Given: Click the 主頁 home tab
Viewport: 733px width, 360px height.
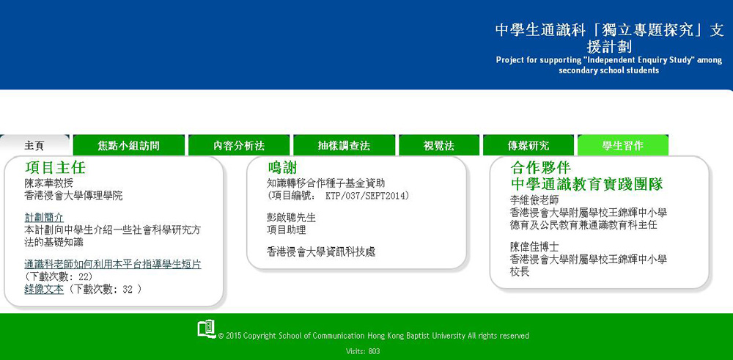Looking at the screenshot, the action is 34,145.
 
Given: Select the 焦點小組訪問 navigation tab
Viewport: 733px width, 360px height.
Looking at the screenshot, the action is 128,145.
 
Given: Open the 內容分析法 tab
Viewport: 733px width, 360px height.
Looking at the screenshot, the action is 239,145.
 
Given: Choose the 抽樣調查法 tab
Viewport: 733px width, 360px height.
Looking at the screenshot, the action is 344,145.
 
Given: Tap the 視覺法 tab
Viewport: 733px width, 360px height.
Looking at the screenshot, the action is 439,145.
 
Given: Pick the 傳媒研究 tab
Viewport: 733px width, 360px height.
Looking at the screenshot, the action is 528,145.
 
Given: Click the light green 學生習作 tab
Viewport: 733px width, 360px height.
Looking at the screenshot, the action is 622,145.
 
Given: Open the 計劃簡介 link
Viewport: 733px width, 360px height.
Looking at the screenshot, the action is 44,218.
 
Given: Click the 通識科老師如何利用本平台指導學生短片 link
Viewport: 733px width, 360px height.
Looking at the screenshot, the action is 113,264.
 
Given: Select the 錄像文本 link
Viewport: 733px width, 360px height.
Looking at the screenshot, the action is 44,290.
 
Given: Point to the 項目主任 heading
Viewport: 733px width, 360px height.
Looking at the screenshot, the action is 55,167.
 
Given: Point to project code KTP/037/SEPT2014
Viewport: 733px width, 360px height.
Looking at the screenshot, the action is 367,196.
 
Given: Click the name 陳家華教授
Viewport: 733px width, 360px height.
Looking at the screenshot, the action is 48,183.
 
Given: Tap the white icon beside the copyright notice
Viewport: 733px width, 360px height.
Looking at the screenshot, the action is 206,328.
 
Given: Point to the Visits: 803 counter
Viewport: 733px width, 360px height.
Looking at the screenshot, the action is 363,351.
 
